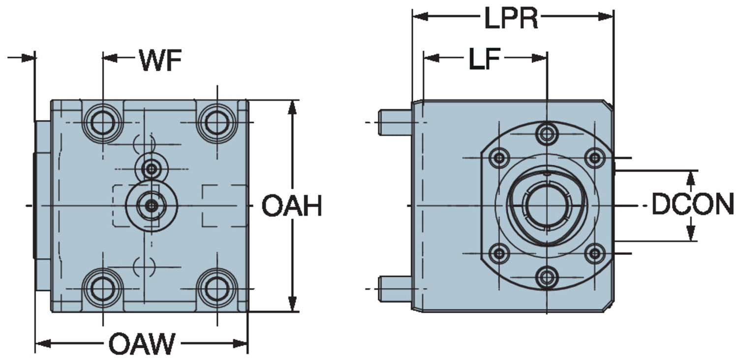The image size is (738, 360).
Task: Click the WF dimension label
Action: point(160,60)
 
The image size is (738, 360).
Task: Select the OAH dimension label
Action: point(291,206)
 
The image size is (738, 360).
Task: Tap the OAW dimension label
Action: point(142,344)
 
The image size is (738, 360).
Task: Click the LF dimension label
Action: point(484,59)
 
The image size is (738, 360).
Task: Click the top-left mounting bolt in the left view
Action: point(102,122)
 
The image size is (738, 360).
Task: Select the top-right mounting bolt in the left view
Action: point(217,122)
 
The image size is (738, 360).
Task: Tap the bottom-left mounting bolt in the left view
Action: point(102,289)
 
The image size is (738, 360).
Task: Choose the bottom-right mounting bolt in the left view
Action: point(217,289)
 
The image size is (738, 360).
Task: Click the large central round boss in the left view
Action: point(152,206)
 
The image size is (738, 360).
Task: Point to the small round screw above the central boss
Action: point(152,169)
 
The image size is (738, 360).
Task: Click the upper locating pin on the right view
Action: point(395,122)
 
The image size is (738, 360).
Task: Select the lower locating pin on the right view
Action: point(395,289)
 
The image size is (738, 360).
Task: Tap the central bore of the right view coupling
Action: point(547,206)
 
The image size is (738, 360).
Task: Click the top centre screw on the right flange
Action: point(547,133)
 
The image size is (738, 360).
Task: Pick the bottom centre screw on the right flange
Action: point(547,277)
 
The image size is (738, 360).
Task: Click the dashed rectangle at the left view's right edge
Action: point(225,206)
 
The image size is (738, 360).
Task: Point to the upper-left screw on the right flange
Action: point(500,158)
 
